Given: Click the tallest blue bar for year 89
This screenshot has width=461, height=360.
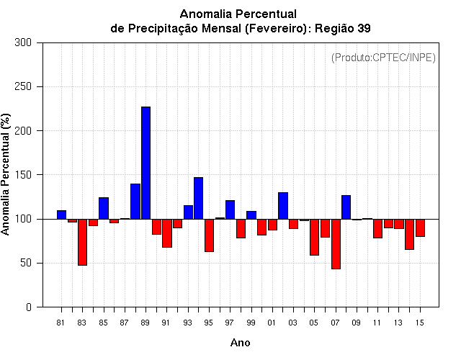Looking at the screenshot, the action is pyautogui.click(x=146, y=163).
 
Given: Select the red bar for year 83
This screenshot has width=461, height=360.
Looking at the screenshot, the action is pyautogui.click(x=82, y=242).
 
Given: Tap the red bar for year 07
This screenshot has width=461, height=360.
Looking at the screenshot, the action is pyautogui.click(x=336, y=244).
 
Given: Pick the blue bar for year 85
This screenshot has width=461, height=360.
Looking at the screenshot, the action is pyautogui.click(x=104, y=208).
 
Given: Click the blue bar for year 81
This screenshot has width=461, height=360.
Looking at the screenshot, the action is pyautogui.click(x=61, y=215).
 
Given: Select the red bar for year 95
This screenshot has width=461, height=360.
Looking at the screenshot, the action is pyautogui.click(x=209, y=235).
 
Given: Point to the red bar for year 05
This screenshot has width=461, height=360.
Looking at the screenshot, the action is pyautogui.click(x=314, y=237).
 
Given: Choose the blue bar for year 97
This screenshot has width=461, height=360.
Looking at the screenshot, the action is pyautogui.click(x=230, y=210).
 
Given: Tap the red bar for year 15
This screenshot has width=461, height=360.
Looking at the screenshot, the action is pyautogui.click(x=420, y=228).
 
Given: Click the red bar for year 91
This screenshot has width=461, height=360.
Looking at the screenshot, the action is pyautogui.click(x=167, y=233).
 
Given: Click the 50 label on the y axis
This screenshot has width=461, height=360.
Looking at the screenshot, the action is pyautogui.click(x=26, y=263).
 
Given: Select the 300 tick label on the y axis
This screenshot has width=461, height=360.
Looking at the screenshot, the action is pyautogui.click(x=23, y=42).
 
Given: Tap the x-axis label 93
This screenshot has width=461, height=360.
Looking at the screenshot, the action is pyautogui.click(x=187, y=323).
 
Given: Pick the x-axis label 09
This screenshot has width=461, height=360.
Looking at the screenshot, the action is pyautogui.click(x=356, y=323).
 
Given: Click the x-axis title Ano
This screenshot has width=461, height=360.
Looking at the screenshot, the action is pyautogui.click(x=240, y=343).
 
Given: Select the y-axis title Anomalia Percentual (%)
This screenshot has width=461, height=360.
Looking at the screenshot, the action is pyautogui.click(x=5, y=174).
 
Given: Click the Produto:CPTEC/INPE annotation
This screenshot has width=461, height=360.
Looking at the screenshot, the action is pyautogui.click(x=383, y=58).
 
